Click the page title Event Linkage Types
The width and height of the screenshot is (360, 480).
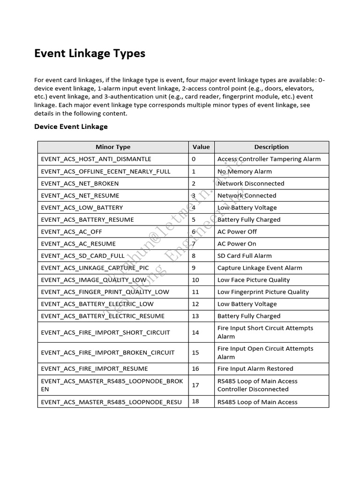90,53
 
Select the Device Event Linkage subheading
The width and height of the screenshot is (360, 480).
71,127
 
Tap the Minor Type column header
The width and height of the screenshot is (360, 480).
113,147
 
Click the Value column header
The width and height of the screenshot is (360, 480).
201,147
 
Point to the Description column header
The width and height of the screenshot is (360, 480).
271,147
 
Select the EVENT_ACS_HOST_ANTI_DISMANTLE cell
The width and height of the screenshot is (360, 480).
96,159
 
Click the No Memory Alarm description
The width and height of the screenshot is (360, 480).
244,172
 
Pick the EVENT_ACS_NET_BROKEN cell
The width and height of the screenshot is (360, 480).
80,183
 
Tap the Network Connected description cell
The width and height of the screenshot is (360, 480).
247,195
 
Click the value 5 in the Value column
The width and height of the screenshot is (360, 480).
194,219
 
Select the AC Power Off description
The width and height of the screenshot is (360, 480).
237,232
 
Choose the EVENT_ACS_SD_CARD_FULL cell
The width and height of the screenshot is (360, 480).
83,256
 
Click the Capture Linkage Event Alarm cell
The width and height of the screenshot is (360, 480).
260,268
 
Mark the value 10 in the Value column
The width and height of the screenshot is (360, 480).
195,280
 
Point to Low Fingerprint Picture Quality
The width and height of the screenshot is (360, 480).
263,292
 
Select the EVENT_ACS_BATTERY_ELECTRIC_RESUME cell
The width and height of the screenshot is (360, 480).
103,316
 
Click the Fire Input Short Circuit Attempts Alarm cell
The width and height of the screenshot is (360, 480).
265,332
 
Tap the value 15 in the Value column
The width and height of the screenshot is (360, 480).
195,352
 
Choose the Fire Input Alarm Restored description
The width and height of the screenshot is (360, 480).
255,369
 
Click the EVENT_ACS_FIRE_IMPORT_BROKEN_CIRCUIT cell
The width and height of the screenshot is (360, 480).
107,352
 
